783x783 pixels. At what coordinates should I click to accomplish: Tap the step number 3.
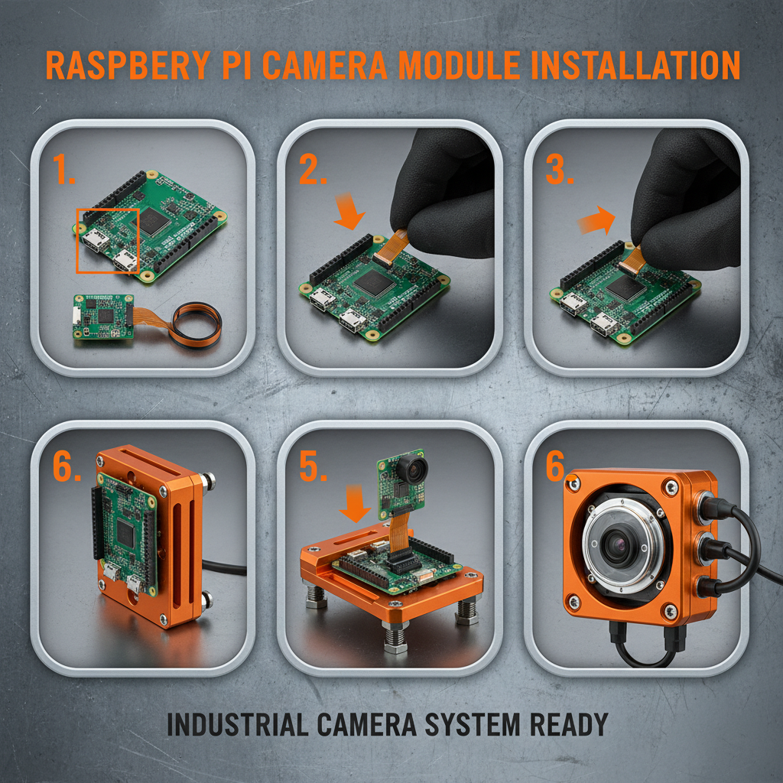coord(560,170)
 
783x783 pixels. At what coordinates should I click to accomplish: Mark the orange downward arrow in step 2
coord(351,213)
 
